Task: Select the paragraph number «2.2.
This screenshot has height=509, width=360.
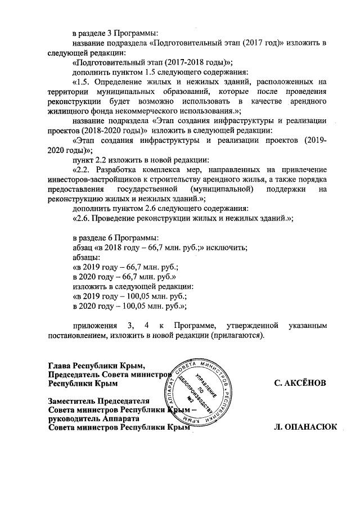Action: [x=84, y=169]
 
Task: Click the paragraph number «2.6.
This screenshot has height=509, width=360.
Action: [x=84, y=218]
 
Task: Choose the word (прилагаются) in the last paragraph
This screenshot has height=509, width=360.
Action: [x=236, y=335]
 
